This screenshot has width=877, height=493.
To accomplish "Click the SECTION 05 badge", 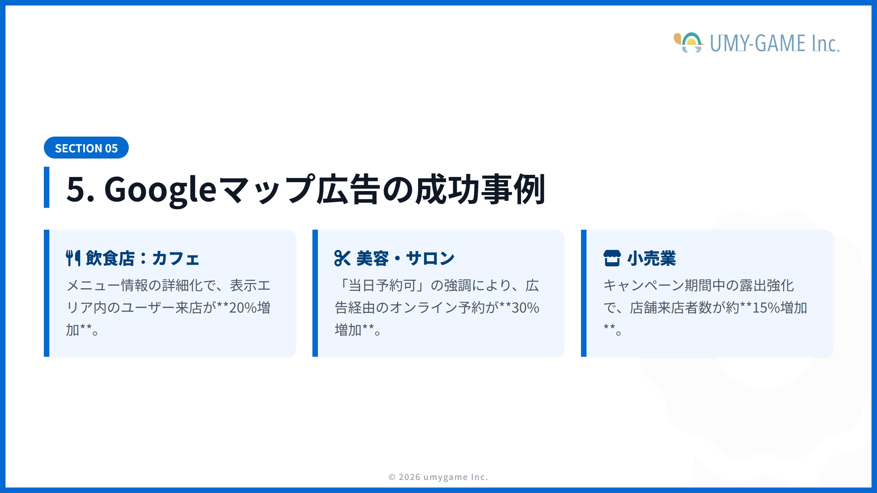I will click(86, 148).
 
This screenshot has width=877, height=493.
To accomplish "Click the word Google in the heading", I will click(160, 189).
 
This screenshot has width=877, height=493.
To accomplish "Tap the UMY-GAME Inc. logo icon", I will click(689, 43).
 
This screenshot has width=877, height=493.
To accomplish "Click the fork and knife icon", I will click(73, 258).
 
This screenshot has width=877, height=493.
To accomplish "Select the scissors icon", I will click(342, 258).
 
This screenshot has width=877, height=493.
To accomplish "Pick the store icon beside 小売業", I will click(612, 258).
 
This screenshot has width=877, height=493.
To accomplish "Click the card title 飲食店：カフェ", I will click(142, 258).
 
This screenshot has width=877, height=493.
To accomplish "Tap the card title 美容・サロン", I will click(405, 258).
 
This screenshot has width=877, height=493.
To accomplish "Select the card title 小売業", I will click(652, 258).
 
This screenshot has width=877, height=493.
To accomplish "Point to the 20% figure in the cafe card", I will click(243, 308).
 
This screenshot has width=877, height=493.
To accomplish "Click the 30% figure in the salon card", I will click(525, 308).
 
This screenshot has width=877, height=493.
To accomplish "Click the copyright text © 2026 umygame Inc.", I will click(438, 477).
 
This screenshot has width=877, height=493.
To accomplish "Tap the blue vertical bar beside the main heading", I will click(47, 187).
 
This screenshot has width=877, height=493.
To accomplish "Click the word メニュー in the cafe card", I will click(93, 286).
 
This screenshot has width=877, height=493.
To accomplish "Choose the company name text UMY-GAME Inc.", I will click(774, 43).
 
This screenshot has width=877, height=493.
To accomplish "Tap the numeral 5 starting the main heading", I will click(76, 189).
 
